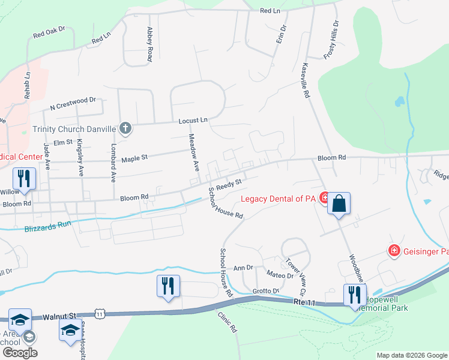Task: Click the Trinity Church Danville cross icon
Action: pos(125,128)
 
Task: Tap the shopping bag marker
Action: pos(339,203)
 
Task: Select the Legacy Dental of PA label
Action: pos(279,199)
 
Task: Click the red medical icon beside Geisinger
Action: pos(394,250)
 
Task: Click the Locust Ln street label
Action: pos(192,121)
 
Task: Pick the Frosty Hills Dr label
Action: pos(331,40)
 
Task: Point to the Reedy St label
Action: pos(229,184)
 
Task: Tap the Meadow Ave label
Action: pos(194,153)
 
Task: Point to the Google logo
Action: pos(20,353)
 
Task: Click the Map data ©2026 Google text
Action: pos(411,355)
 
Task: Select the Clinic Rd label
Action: pos(228,323)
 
